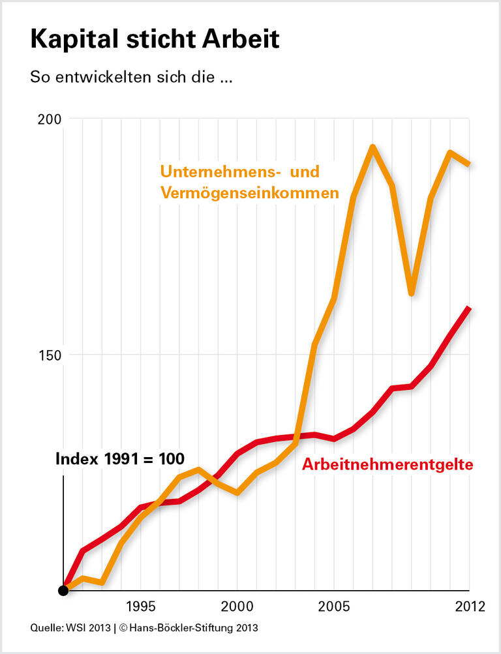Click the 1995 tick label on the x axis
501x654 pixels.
tap(140, 606)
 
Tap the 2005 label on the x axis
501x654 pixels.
tap(334, 606)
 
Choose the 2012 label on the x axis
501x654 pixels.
tap(470, 606)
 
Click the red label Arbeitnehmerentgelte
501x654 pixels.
tap(387, 465)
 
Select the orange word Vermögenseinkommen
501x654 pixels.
tap(250, 194)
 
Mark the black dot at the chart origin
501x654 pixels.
tap(63, 591)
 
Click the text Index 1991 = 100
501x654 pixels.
tap(120, 459)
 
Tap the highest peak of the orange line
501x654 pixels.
tap(372, 147)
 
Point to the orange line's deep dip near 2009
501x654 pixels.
tap(412, 293)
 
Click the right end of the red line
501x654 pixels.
tap(468, 308)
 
